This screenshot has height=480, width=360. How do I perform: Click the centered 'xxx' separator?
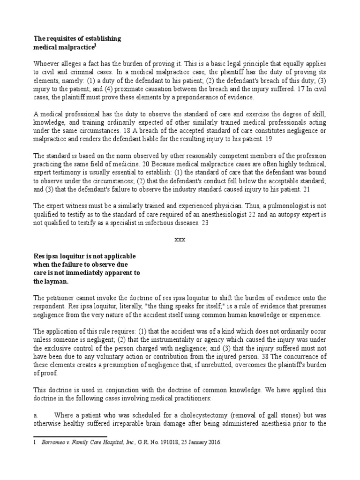click(x=180, y=239)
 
